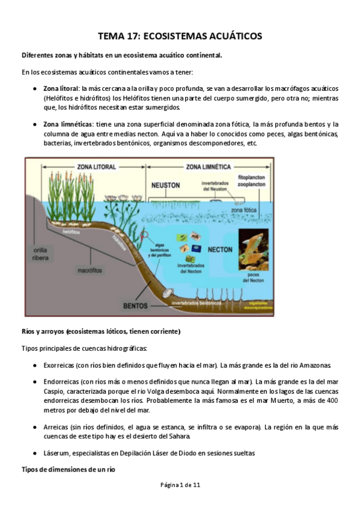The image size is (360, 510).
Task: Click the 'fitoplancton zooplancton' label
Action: [252, 183]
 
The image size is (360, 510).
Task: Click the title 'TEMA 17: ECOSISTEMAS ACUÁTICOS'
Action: [180, 36]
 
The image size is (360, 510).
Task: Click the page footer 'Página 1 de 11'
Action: [180, 500]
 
